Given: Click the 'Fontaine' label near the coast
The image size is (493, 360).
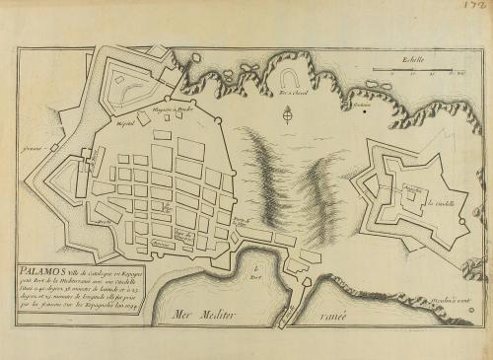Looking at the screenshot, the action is tap(365, 106).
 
